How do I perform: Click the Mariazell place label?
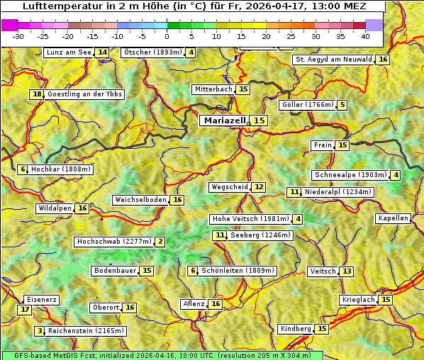[x=225, y=120]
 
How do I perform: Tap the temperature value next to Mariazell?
[x=260, y=120]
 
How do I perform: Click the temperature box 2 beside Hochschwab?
[x=160, y=242]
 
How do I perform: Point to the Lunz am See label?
[x=69, y=52]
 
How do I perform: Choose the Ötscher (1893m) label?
[x=152, y=52]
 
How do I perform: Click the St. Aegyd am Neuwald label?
[x=333, y=60]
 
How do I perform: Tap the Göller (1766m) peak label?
[x=307, y=105]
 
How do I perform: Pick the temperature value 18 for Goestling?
[x=37, y=94]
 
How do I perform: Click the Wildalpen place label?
[x=55, y=208]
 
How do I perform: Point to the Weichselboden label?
[x=140, y=200]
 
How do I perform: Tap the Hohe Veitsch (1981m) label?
[x=251, y=219]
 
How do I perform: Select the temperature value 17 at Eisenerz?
[x=25, y=310]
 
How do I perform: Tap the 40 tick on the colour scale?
[x=365, y=36]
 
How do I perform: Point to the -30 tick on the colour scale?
[x=18, y=36]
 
